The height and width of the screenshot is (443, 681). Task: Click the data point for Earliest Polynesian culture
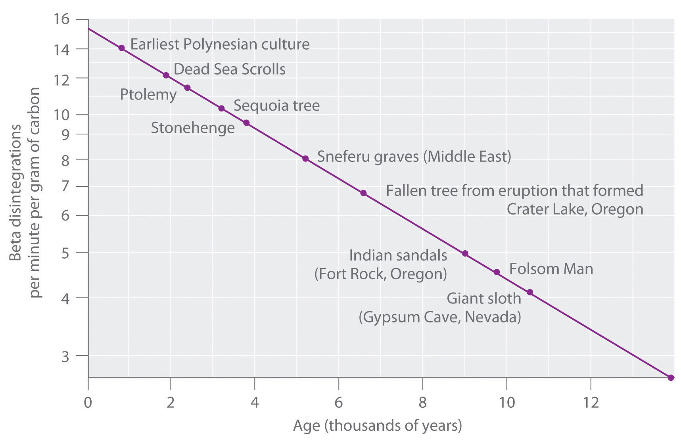click(x=121, y=48)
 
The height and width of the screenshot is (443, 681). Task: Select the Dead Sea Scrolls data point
click(x=166, y=75)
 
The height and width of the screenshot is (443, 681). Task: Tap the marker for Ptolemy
click(x=187, y=88)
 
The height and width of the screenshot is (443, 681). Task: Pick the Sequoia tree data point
click(x=221, y=108)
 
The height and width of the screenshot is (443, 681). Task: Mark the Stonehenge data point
click(x=246, y=123)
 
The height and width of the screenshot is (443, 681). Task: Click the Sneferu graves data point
click(x=305, y=159)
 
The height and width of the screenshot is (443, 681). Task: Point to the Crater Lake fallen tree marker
click(x=363, y=193)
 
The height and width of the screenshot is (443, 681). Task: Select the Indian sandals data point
click(x=465, y=253)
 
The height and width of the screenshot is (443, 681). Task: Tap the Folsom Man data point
click(x=497, y=272)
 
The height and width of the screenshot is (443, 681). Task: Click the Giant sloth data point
click(x=529, y=292)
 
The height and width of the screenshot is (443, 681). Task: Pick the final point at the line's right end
click(x=671, y=378)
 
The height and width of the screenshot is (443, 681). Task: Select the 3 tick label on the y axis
click(x=65, y=356)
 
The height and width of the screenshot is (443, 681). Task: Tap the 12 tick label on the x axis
click(x=591, y=402)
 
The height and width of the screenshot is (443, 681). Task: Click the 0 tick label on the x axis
click(x=88, y=402)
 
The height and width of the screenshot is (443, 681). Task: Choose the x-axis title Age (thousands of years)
click(x=378, y=426)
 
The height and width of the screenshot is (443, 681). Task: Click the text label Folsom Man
click(x=551, y=269)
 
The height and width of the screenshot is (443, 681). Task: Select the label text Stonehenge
click(x=193, y=128)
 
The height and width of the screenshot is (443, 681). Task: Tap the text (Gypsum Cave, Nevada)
click(x=440, y=317)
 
